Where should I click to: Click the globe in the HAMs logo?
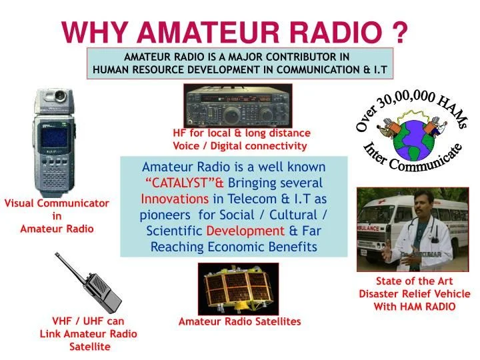click(x=413, y=140)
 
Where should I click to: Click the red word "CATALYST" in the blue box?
click(x=180, y=183)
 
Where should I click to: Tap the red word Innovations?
click(x=175, y=199)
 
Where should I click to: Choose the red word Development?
click(x=245, y=231)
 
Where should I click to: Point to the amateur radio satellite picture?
click(x=238, y=289)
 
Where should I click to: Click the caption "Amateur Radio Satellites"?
click(x=240, y=321)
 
